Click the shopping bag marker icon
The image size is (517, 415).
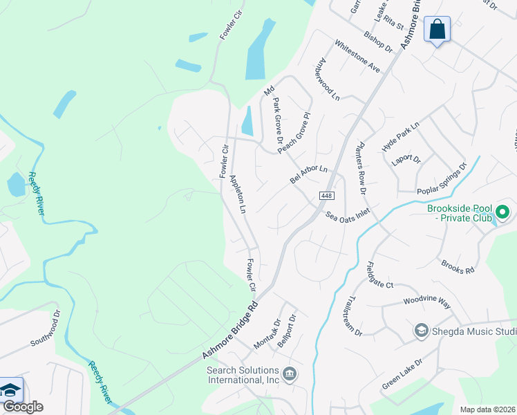[436, 30]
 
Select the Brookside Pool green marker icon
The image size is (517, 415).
[503, 212]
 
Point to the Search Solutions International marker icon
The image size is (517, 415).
[290, 375]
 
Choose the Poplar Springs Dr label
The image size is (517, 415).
[442, 179]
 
